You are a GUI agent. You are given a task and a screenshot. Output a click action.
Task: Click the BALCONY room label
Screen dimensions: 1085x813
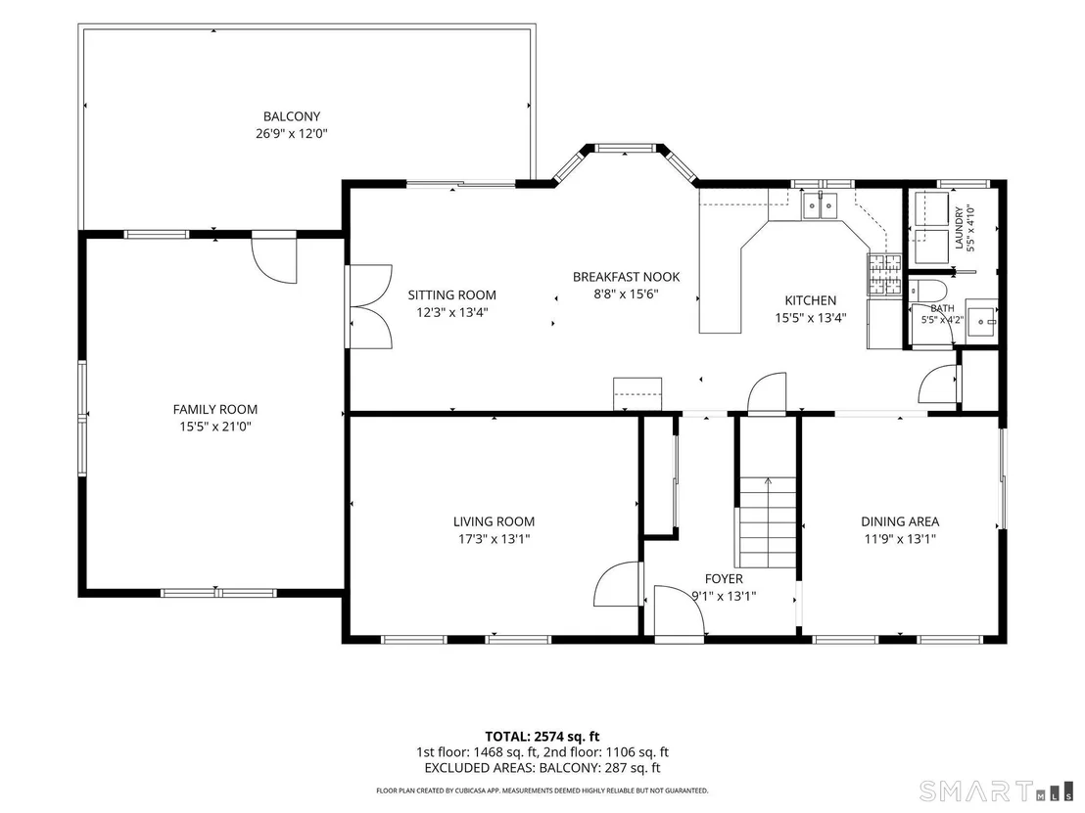291,116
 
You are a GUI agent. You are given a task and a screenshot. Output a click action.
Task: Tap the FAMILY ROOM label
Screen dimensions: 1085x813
215,409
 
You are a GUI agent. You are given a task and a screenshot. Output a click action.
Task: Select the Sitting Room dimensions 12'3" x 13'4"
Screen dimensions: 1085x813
451,312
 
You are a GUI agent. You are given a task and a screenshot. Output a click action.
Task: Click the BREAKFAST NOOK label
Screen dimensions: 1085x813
627,277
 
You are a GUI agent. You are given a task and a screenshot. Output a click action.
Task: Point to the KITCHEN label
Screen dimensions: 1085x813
810,300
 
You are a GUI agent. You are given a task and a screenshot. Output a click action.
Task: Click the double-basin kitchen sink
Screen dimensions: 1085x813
820,206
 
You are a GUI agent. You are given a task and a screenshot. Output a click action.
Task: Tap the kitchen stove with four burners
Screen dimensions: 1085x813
885,275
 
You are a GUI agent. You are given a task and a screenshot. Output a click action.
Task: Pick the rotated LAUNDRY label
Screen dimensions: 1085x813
959,228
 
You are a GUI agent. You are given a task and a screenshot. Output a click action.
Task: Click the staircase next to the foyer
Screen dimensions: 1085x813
768,521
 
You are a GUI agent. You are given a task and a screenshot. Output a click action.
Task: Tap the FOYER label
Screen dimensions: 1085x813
724,578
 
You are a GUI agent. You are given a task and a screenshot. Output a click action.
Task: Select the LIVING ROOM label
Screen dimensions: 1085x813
495,521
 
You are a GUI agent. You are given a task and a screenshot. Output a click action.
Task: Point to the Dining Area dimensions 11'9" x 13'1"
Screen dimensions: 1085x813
900,538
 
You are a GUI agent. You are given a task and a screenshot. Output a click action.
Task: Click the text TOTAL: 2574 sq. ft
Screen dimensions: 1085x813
542,737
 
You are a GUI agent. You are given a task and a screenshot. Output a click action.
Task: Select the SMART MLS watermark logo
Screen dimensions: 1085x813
996,790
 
